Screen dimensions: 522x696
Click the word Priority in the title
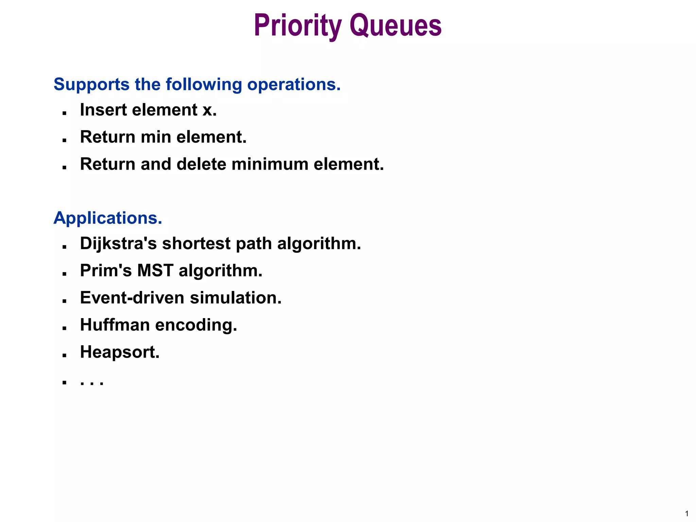298,26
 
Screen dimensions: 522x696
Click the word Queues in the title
396,26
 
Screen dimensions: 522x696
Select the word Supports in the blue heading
91,84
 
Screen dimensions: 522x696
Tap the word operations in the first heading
293,84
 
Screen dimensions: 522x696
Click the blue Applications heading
108,218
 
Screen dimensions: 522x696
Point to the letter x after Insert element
207,110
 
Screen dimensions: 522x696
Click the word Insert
103,110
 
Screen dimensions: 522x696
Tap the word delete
201,164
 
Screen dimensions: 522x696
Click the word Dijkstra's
118,244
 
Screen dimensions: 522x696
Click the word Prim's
106,271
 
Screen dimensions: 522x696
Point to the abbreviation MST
155,271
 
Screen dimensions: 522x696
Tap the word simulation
235,298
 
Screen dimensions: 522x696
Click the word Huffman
115,325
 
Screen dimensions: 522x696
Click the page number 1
687,514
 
